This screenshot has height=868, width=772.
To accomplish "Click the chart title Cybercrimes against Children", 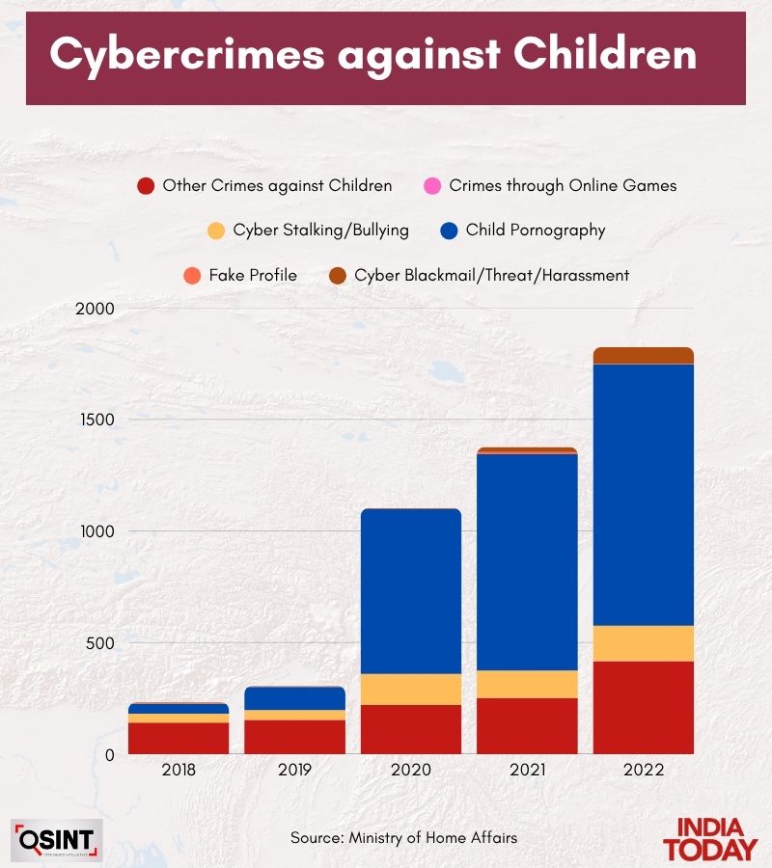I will pyautogui.click(x=372, y=55).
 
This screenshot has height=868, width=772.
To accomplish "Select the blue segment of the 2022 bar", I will pyautogui.click(x=643, y=495).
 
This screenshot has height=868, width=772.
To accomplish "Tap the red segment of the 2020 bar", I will pyautogui.click(x=410, y=729).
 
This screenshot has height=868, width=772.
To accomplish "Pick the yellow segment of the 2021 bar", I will pyautogui.click(x=527, y=684).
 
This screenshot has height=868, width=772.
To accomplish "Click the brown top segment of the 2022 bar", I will pyautogui.click(x=643, y=356).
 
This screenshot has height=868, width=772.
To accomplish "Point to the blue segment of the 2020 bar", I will pyautogui.click(x=410, y=591).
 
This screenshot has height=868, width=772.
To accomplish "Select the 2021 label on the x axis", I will pyautogui.click(x=527, y=771).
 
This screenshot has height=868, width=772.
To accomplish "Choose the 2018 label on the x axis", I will pyautogui.click(x=179, y=771).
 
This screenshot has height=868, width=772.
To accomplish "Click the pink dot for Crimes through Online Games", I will pyautogui.click(x=432, y=186).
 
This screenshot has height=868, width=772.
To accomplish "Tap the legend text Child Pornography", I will pyautogui.click(x=535, y=231).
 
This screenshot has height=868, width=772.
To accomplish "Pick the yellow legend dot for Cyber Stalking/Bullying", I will pyautogui.click(x=216, y=231).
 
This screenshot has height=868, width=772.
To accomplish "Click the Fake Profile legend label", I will pyautogui.click(x=253, y=276).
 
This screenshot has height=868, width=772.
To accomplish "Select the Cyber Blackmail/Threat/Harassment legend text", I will pyautogui.click(x=491, y=276).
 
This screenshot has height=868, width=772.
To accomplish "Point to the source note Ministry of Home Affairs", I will pyautogui.click(x=404, y=838).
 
